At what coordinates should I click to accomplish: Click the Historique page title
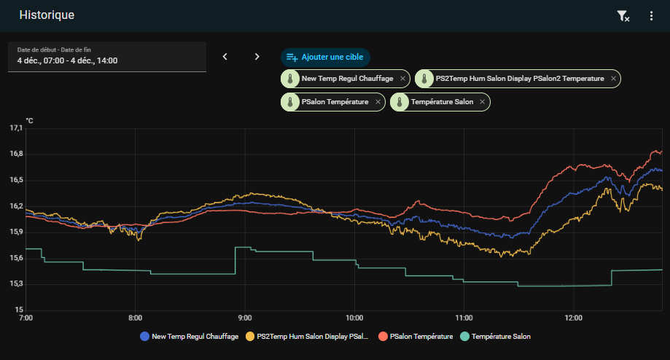pos(47,15)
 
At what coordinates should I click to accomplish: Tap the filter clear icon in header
pos(623,16)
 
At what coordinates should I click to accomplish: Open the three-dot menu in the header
pos(651,16)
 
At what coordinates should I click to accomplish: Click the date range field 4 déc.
pos(106,57)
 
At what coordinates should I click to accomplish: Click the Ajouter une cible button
pos(326,57)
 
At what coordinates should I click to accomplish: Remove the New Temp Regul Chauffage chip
pos(402,79)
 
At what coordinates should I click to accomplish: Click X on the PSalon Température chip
pos(378,102)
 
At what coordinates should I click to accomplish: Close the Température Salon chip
pos(482,102)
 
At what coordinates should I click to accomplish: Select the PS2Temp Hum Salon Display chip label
pos(519,79)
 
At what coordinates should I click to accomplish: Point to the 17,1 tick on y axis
pos(16,128)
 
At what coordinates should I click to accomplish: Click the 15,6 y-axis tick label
pos(16,258)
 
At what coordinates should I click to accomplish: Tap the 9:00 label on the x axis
pos(245,318)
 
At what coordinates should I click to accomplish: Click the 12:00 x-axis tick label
pos(574,318)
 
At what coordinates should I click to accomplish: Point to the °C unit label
pos(29,120)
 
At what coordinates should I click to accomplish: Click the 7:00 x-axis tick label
pos(26,318)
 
